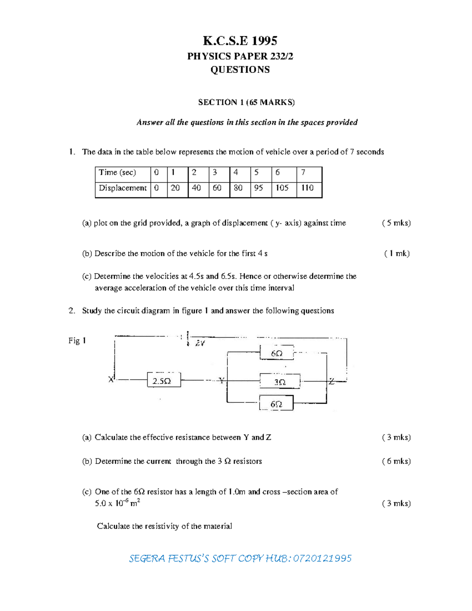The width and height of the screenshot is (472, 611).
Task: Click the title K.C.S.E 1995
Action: pos(240,41)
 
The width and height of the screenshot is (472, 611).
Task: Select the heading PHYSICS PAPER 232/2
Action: pos(240,56)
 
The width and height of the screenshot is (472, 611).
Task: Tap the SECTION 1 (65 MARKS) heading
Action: pos(246,102)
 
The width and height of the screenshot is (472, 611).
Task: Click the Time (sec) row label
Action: pos(117,173)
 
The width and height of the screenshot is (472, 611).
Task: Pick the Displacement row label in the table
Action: pos(122,188)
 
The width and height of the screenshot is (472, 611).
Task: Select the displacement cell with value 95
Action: pos(258,188)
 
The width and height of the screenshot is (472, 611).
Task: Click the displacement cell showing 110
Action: pos(307,188)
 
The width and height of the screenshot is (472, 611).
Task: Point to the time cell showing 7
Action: pos(303,173)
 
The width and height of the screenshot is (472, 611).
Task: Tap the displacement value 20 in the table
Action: pos(175,188)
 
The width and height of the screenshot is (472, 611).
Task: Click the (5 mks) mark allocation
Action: pos(396,223)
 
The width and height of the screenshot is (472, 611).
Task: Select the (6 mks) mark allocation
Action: pos(396,461)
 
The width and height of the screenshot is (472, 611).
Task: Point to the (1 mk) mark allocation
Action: pos(397,254)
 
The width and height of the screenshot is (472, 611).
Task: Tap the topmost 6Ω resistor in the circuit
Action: pos(277,353)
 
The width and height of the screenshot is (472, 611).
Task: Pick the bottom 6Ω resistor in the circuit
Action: pos(276,404)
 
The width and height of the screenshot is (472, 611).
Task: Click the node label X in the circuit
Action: pos(111,380)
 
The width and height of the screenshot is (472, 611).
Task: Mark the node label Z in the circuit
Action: pos(332,381)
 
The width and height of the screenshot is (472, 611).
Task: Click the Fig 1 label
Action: pos(77,341)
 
